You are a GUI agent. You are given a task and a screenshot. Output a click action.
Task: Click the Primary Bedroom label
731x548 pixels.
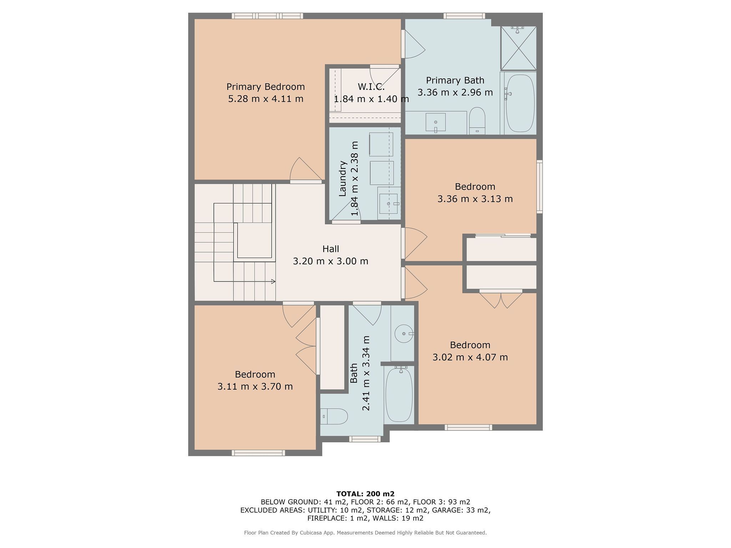(266, 87)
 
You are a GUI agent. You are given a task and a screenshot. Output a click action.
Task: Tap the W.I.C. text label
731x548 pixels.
(371, 87)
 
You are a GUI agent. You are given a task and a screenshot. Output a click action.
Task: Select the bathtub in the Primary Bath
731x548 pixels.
(520, 103)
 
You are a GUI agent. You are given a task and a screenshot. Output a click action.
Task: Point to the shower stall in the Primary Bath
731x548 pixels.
(519, 48)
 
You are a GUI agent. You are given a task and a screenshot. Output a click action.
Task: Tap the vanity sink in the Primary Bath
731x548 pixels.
(435, 123)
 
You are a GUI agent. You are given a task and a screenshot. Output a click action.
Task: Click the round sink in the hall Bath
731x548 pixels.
(404, 334)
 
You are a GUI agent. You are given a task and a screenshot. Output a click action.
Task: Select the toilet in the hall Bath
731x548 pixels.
(334, 416)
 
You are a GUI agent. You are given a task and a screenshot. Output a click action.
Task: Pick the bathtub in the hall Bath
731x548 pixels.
(399, 395)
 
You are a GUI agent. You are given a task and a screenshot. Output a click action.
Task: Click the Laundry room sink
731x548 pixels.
(388, 203)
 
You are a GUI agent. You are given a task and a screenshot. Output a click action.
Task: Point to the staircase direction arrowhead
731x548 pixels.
(273, 281)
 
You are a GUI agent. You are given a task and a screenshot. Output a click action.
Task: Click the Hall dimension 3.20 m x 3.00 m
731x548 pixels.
(331, 261)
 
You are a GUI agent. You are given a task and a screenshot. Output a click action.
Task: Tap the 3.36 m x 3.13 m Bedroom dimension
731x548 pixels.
(475, 199)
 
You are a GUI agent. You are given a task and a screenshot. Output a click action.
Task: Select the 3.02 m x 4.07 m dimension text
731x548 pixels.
(470, 357)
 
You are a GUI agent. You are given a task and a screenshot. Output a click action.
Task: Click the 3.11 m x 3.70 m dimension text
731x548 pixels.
(255, 386)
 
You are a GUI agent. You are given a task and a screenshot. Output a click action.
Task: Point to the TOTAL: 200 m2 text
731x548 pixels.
(365, 494)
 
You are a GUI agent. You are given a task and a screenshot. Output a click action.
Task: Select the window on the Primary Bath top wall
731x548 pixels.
(464, 16)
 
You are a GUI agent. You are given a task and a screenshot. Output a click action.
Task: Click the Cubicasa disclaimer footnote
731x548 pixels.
(365, 533)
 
